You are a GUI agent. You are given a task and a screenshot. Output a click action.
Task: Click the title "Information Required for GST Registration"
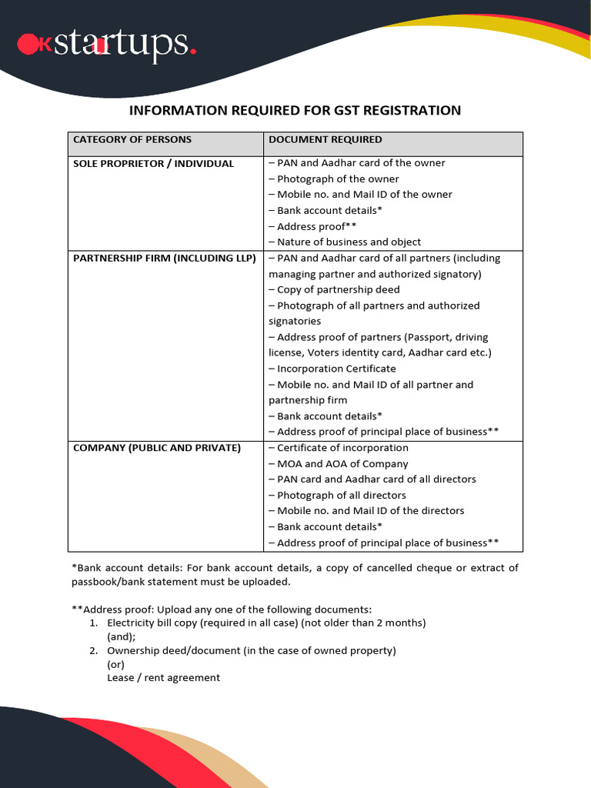pos(295,110)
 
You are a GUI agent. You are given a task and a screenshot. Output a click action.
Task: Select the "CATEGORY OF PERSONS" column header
pos(132,139)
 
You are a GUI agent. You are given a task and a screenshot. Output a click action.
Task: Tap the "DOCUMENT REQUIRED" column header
pos(325,139)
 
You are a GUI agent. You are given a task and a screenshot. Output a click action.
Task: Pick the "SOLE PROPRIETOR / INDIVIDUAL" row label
pos(153,163)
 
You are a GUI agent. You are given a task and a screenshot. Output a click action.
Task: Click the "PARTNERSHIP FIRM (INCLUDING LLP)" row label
pos(164,258)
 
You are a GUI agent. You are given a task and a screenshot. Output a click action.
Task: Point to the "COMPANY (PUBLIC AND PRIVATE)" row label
pos(156,447)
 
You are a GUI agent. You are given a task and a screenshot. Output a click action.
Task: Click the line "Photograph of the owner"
pos(334,179)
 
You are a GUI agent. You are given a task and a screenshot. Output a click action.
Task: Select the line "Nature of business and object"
pos(345,242)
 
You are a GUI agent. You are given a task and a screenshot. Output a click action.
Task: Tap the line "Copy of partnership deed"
pos(334,289)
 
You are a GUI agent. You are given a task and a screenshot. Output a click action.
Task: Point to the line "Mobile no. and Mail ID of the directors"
pos(366,510)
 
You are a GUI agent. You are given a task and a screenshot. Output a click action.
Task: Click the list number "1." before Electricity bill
pos(92,623)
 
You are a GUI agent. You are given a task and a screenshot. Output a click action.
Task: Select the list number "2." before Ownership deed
pos(92,650)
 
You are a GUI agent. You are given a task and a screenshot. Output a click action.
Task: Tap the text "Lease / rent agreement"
pos(163,678)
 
